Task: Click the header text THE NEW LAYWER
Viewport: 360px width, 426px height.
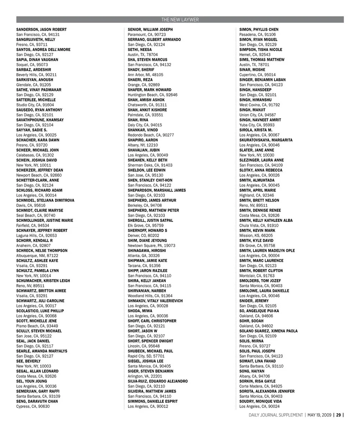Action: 180,20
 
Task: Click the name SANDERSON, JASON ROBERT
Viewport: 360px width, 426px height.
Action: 41,30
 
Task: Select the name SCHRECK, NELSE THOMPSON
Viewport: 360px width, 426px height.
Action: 42,251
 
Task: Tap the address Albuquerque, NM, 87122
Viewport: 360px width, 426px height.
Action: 37,256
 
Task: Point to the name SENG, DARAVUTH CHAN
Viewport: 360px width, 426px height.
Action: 37,402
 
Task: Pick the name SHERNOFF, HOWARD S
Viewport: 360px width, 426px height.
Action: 147,230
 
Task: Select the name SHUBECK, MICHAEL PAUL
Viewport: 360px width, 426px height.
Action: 150,351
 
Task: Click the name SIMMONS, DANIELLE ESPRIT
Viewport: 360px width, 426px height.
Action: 153,402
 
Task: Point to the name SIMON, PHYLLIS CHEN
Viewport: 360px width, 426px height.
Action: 259,30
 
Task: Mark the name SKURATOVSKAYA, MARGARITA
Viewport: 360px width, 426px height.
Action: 266,140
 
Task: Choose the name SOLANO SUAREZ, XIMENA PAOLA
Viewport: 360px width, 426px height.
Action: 268,331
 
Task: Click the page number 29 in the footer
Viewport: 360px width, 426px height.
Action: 338,415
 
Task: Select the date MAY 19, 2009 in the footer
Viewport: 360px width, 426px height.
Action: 319,415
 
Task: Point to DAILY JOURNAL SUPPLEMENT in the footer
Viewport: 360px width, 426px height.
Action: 276,415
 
